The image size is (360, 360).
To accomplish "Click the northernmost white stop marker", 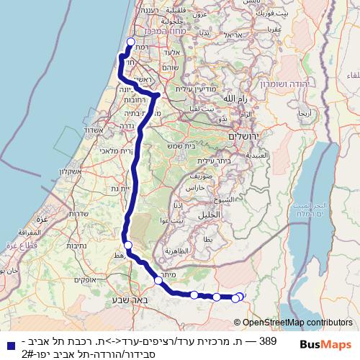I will coord(130,41).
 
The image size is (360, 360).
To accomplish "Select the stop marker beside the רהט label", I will coord(128,245).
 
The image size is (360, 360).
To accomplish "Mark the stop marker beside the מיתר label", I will coord(158,280).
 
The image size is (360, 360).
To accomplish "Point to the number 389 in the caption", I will coord(267,339).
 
